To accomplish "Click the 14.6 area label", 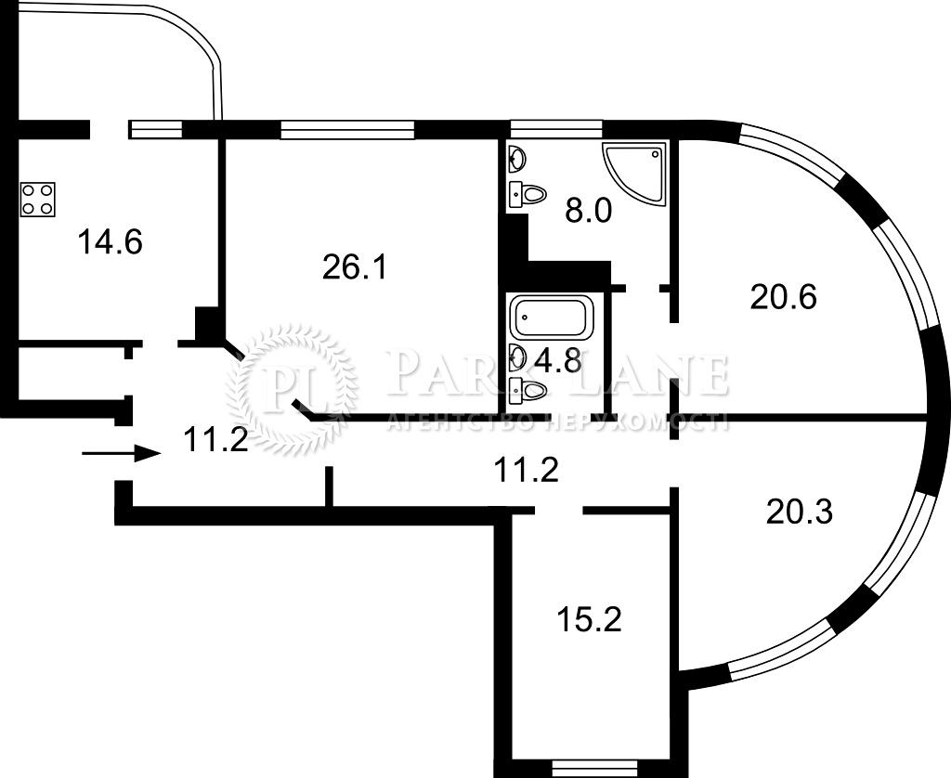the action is click(x=110, y=242).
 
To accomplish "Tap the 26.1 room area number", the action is click(x=354, y=267).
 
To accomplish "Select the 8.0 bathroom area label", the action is click(x=588, y=211).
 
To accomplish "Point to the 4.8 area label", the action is click(x=559, y=361).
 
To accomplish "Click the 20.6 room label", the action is click(x=784, y=297).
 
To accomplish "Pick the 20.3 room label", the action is click(x=800, y=512).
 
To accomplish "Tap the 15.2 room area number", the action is click(x=589, y=620).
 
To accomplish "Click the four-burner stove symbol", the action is click(x=37, y=199).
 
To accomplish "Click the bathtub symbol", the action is click(x=552, y=318).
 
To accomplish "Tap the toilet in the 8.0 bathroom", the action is click(x=528, y=194).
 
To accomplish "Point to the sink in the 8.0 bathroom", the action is click(x=516, y=159).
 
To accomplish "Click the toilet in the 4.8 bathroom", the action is click(x=528, y=388).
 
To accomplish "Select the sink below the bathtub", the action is click(x=516, y=356).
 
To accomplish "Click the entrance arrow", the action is click(x=122, y=454).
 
